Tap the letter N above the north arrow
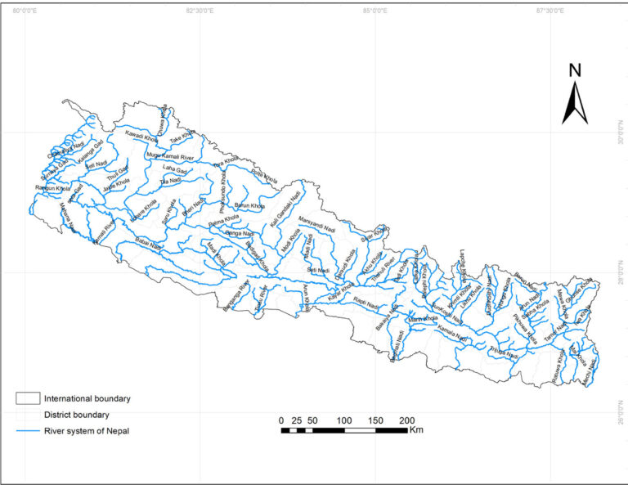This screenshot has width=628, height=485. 575,70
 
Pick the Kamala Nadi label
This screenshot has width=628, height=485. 452,334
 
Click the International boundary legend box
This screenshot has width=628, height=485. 28,398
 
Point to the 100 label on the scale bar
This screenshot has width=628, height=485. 343,420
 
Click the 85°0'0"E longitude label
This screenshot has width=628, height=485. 375,11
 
